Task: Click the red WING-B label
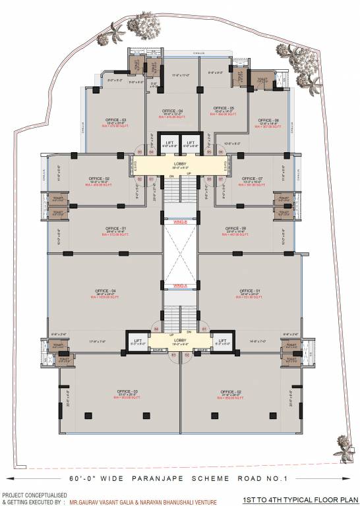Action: tap(180, 221)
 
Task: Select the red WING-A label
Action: tap(180, 285)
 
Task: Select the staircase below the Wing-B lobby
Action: tap(180, 191)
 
